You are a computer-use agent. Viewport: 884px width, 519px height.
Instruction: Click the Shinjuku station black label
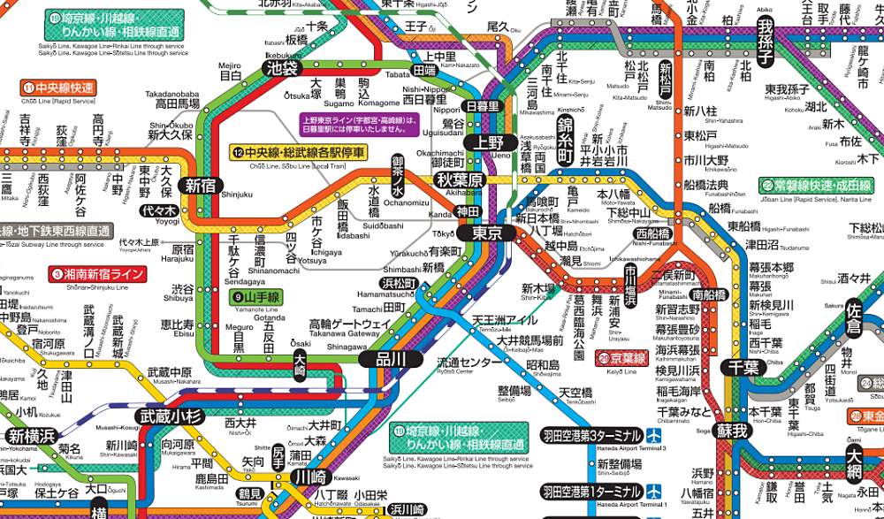pyautogui.click(x=200, y=185)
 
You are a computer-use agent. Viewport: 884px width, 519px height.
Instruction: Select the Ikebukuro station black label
pyautogui.click(x=282, y=67)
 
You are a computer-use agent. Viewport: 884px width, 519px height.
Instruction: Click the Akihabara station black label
pyautogui.click(x=459, y=180)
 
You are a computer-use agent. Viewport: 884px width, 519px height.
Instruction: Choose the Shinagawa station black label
pyautogui.click(x=388, y=358)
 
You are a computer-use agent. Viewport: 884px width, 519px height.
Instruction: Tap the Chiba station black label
pyautogui.click(x=738, y=365)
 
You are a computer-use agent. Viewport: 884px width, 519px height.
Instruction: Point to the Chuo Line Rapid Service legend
pyautogui.click(x=57, y=88)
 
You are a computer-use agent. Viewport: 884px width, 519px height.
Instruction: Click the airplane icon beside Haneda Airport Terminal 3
pyautogui.click(x=653, y=435)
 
